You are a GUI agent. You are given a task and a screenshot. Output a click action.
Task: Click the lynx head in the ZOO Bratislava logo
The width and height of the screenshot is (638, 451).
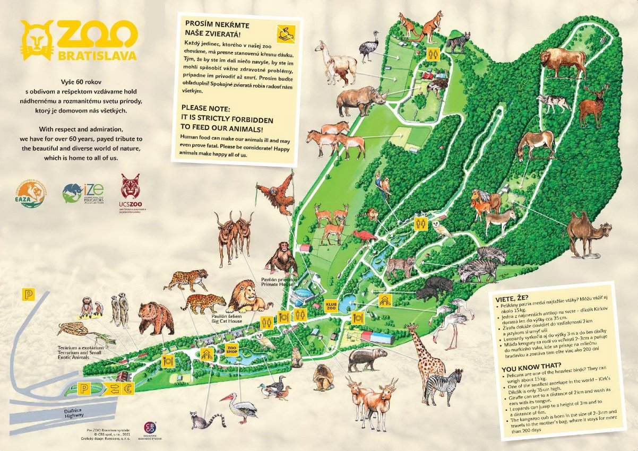(37, 40)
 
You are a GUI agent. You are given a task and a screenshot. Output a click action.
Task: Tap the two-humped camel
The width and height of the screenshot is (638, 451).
(587, 232)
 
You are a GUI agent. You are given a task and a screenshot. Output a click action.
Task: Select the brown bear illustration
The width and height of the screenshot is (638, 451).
(156, 317)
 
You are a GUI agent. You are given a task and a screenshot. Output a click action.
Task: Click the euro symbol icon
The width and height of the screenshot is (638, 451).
(127, 388)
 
